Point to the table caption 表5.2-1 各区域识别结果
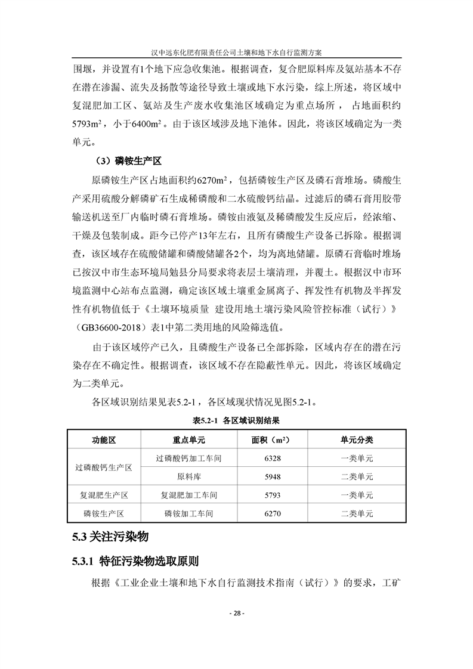coord(236,420)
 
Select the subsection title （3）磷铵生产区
coord(128,162)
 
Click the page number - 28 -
coord(236,614)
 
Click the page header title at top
coord(236,52)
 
